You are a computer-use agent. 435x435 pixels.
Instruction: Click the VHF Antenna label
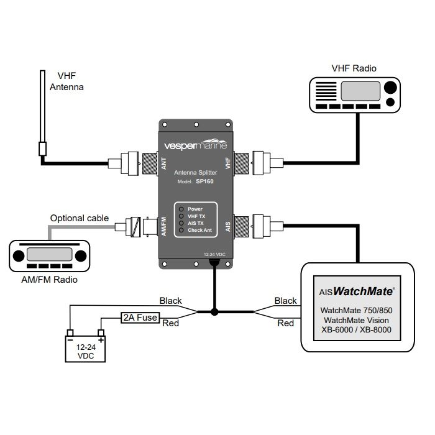click(66, 81)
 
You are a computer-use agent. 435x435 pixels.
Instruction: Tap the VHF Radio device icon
click(353, 94)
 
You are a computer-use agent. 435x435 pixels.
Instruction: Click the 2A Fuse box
click(140, 318)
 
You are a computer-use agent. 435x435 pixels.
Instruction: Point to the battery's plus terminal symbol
click(100, 340)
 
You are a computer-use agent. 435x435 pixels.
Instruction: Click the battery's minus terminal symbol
click(71, 340)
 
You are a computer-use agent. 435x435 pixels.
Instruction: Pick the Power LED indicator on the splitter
click(181, 209)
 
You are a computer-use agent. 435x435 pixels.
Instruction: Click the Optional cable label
click(80, 218)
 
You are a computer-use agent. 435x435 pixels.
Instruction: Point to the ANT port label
click(163, 164)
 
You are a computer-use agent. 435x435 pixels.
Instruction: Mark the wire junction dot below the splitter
click(214, 312)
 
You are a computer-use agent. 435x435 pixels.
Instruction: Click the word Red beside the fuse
click(171, 323)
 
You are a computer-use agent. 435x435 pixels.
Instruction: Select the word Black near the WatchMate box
click(286, 301)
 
